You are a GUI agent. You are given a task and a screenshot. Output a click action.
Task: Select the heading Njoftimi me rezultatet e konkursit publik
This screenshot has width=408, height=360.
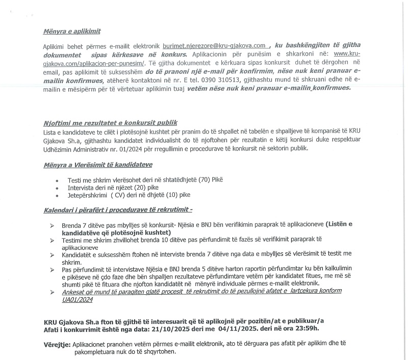point(110,123)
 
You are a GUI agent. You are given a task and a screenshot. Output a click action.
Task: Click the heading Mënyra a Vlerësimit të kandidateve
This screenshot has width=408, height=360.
point(98,165)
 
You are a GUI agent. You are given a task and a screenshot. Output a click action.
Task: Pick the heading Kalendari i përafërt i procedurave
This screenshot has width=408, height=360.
point(118,210)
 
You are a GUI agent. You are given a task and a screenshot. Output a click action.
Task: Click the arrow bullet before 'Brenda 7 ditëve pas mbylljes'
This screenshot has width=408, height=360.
point(51,225)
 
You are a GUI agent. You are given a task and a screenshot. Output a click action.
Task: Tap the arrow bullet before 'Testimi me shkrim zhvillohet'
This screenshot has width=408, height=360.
point(51,239)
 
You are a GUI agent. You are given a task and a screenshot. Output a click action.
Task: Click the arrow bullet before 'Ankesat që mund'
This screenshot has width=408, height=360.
point(51,291)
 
